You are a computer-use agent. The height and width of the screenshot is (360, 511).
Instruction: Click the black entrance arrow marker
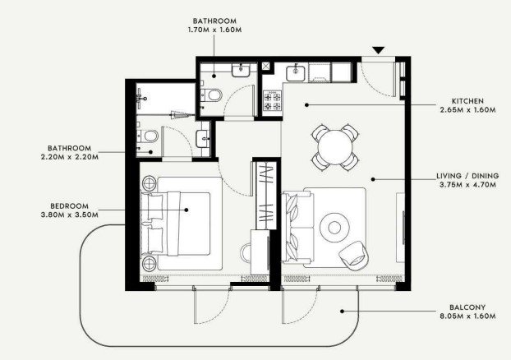pos(379,50)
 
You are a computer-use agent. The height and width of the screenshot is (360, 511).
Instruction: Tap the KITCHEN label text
pos(467,101)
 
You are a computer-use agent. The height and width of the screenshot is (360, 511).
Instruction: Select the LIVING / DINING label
pos(467,176)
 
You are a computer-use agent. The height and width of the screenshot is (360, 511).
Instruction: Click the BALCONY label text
pos(467,307)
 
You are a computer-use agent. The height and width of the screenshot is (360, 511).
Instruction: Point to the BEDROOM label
pos(69,206)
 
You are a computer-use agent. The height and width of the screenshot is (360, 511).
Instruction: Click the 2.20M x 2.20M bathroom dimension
pos(70,157)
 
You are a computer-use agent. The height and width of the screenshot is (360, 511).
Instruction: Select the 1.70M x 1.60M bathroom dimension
pos(214,30)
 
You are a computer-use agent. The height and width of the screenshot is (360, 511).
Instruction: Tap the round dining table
pos(335,147)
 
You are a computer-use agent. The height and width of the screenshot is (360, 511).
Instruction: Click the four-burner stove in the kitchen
pos(273,101)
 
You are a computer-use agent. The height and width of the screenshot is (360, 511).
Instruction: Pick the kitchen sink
pos(296,73)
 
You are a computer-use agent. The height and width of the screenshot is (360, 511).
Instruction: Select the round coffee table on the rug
pos(334,228)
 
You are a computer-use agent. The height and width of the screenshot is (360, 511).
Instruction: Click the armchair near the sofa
pos(353,256)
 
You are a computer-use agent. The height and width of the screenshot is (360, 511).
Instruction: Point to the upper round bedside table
pos(150,183)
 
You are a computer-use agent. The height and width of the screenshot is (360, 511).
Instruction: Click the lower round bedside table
pos(150,263)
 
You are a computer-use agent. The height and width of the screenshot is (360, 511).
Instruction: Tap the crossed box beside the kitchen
pos(266,66)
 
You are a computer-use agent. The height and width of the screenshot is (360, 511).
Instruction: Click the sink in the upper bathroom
pos(241,70)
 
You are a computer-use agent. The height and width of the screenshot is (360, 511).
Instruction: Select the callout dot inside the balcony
pos(343,312)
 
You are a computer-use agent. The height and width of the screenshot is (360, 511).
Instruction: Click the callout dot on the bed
pos(186,210)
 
